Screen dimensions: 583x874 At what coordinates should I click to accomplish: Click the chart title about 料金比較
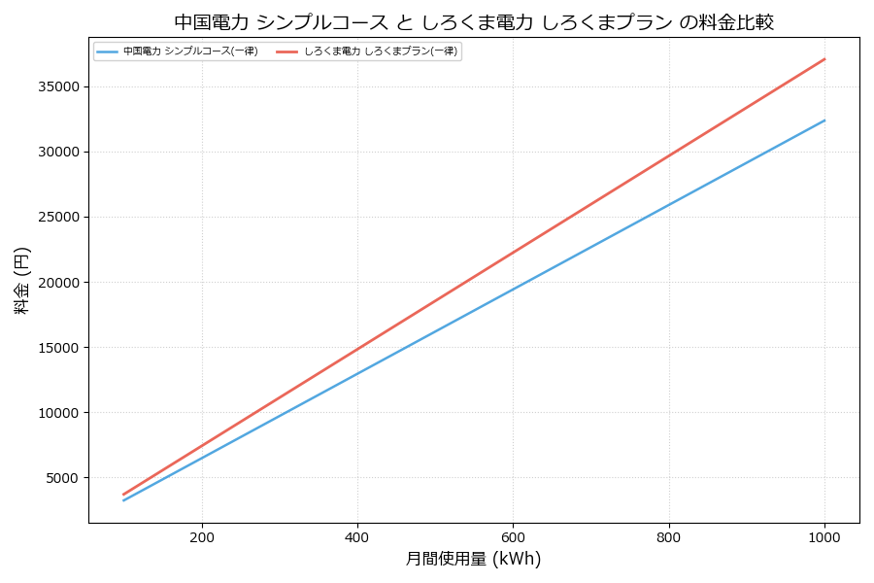pyautogui.click(x=474, y=21)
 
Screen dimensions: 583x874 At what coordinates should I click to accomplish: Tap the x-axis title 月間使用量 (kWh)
pyautogui.click(x=473, y=559)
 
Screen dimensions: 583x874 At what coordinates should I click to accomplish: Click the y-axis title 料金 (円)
pyautogui.click(x=21, y=281)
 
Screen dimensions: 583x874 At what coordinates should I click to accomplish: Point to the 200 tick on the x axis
pyautogui.click(x=202, y=536)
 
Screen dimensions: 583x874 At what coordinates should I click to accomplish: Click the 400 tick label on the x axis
pyautogui.click(x=357, y=536)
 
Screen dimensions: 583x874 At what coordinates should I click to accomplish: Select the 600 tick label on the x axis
pyautogui.click(x=513, y=536)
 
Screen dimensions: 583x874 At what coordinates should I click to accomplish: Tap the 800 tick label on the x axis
pyautogui.click(x=669, y=536)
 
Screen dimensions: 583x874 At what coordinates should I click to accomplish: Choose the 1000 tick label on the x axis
pyautogui.click(x=824, y=536)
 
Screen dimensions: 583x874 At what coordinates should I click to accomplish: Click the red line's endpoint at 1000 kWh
pyautogui.click(x=824, y=59)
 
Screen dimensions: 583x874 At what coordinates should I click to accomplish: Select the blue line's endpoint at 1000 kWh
pyautogui.click(x=824, y=120)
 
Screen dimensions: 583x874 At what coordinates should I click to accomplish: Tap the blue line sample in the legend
pyautogui.click(x=107, y=51)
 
